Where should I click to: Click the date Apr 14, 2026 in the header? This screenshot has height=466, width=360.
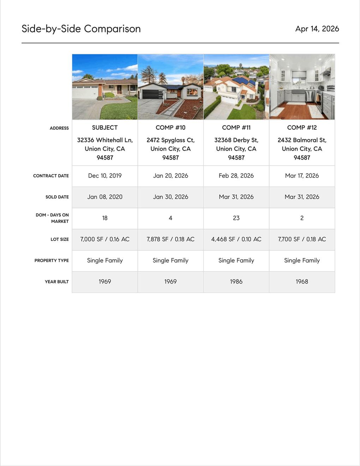click(x=317, y=29)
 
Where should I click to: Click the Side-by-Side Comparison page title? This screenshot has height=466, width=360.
click(x=81, y=29)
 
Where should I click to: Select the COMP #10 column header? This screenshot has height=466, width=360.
click(x=170, y=127)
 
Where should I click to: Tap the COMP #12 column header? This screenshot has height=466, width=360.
click(x=302, y=127)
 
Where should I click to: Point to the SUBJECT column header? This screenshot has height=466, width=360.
click(x=105, y=127)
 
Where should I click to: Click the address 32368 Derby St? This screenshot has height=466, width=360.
click(x=236, y=140)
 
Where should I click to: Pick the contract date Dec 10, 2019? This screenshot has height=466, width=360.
click(x=105, y=175)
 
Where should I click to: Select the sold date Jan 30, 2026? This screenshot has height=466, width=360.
click(x=170, y=197)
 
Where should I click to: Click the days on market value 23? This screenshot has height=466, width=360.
click(x=236, y=218)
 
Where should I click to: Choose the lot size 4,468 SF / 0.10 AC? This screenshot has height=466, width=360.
click(x=236, y=239)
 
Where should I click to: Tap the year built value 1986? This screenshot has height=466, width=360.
click(x=236, y=281)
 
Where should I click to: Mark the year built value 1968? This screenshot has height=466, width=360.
click(x=302, y=281)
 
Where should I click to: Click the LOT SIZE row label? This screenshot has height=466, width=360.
click(x=59, y=239)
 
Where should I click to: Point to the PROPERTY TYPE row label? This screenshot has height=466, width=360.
click(x=52, y=261)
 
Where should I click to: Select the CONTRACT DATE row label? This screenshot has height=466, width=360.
click(x=51, y=176)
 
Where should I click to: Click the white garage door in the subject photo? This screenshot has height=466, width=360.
click(x=85, y=92)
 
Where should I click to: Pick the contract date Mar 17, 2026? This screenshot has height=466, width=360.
click(x=302, y=175)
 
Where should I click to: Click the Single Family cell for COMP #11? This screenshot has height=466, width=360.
click(x=236, y=260)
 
